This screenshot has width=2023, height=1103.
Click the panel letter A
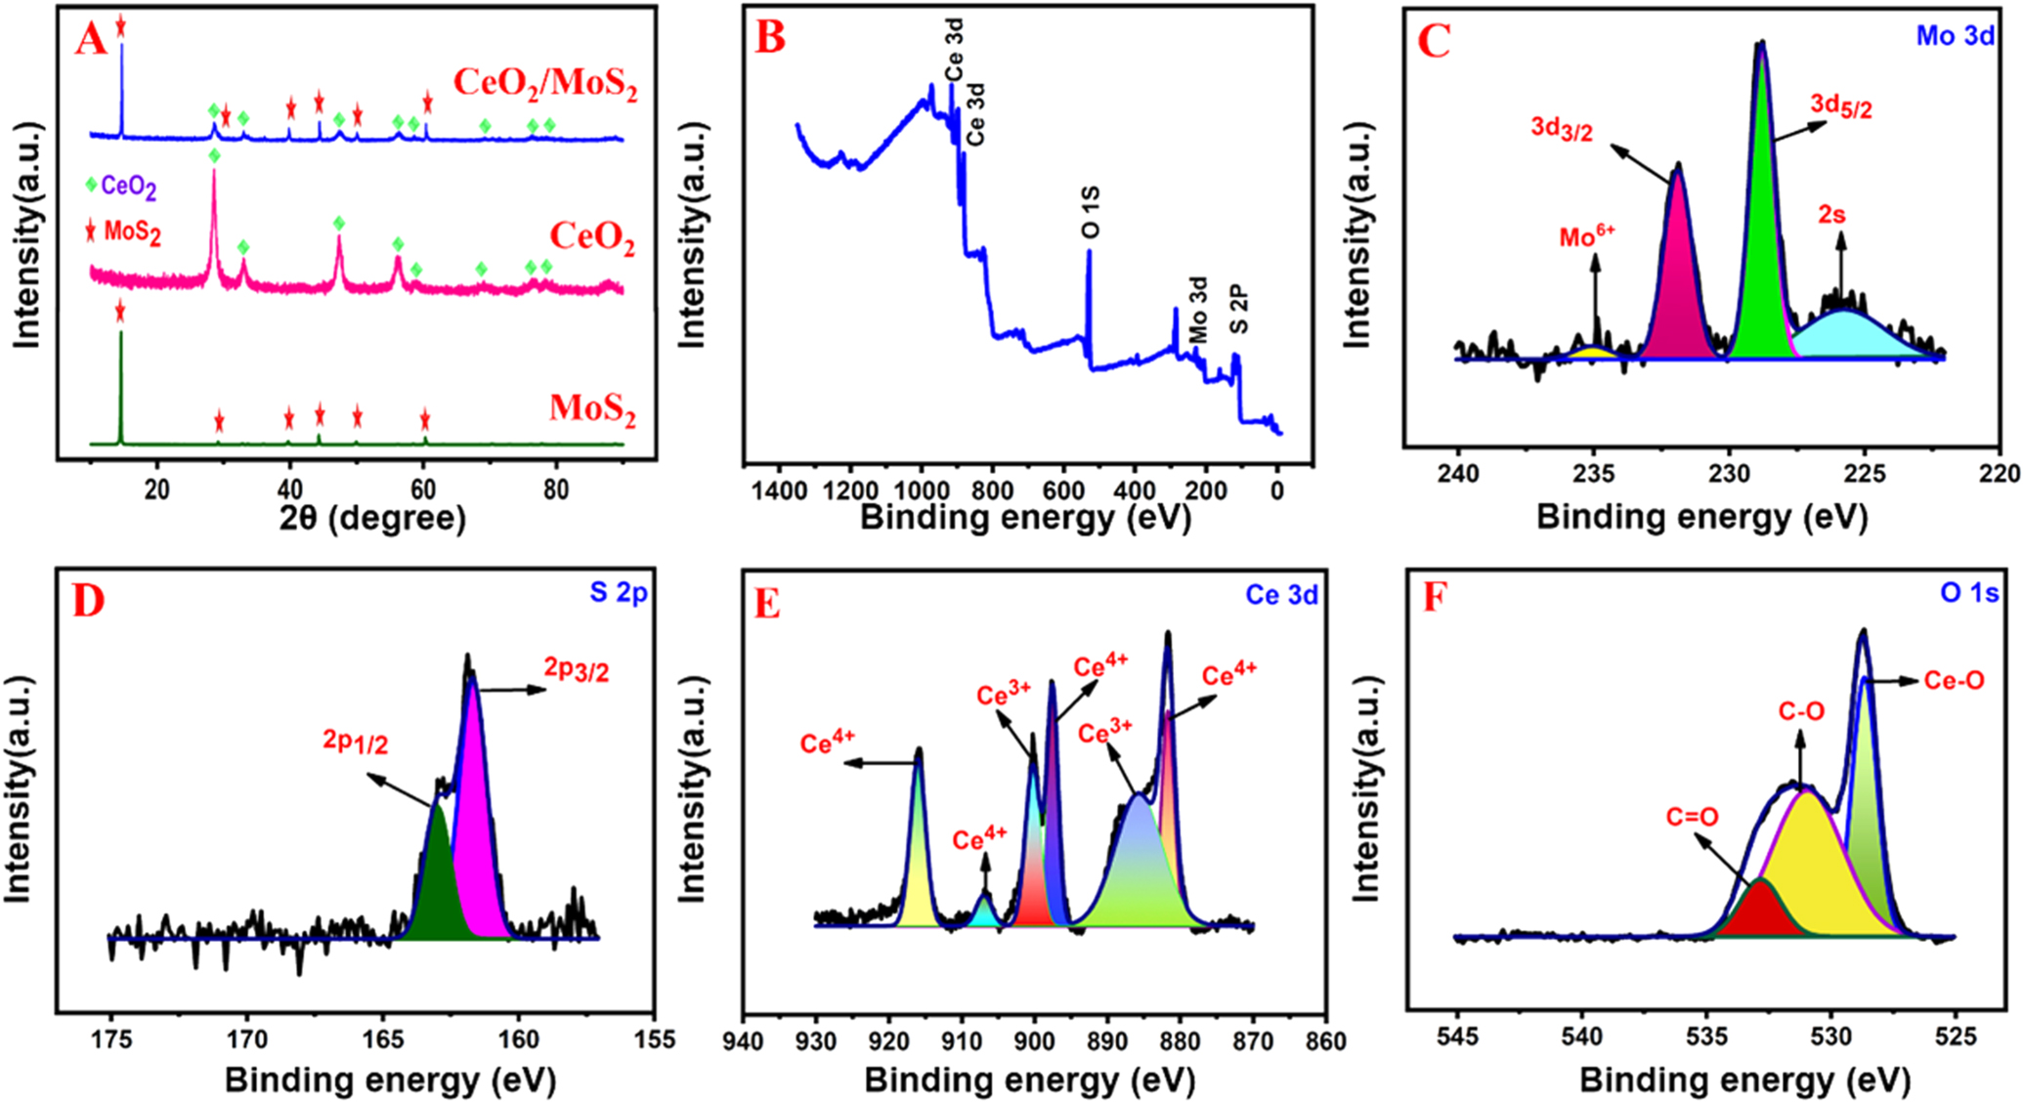[x=91, y=40]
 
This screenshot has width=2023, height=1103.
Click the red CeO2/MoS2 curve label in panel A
[x=544, y=83]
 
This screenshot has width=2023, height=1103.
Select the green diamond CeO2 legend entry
[x=121, y=187]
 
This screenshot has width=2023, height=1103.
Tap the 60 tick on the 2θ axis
[x=422, y=488]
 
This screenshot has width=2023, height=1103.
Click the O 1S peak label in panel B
[x=1091, y=212]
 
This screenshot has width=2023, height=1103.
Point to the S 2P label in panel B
[x=1238, y=309]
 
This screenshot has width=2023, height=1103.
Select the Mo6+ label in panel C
[x=1587, y=236]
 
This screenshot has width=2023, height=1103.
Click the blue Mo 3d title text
[x=1955, y=36]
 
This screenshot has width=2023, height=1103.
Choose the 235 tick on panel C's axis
[x=1594, y=474]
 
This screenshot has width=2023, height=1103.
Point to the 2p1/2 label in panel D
[x=356, y=743]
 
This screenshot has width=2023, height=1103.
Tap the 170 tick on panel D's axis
[x=247, y=1039]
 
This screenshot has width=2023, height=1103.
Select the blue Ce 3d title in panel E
[x=1281, y=595]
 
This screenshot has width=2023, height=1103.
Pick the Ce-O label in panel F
[x=1954, y=681]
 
